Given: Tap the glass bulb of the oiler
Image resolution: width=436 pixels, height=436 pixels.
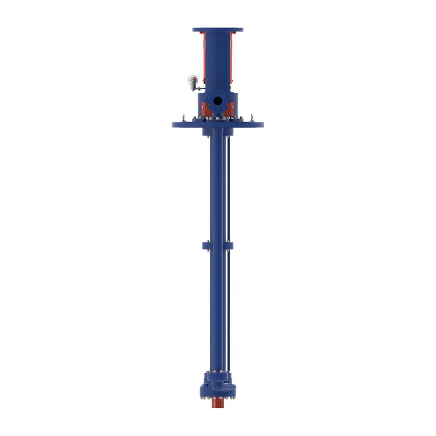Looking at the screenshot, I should (x=193, y=79).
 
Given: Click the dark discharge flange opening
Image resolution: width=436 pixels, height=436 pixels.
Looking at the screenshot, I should (x=218, y=101).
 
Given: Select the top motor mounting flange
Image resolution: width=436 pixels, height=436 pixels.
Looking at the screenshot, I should (x=218, y=30).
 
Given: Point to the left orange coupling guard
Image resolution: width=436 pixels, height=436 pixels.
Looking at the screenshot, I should (x=202, y=54).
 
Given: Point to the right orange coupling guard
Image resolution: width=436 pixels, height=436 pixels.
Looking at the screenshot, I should (x=233, y=54).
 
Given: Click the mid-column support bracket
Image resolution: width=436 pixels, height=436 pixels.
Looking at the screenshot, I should (x=218, y=246).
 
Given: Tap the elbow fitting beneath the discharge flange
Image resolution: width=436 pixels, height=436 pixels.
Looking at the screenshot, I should (x=218, y=114).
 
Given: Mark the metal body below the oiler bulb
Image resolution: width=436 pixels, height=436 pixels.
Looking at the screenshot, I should (x=193, y=86).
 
